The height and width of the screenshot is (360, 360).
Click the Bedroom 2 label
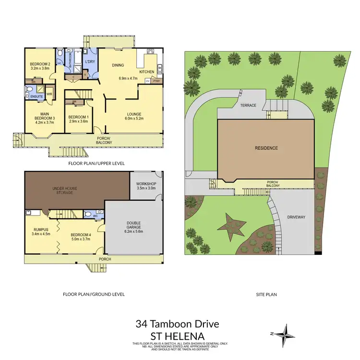(x=40, y=64)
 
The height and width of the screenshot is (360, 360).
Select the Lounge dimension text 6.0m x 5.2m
(x=134, y=118)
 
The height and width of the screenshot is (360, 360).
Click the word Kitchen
(x=147, y=72)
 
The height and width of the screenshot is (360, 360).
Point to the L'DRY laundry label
(x=89, y=62)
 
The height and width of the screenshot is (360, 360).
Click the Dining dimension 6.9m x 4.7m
(x=128, y=78)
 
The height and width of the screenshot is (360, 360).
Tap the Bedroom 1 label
(x=79, y=117)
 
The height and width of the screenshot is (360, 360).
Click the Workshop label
(x=146, y=184)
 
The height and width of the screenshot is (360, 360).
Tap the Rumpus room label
(x=41, y=229)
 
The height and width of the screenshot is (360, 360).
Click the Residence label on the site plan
(x=266, y=148)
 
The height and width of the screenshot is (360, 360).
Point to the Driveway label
(x=296, y=217)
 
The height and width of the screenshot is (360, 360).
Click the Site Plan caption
(x=265, y=294)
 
